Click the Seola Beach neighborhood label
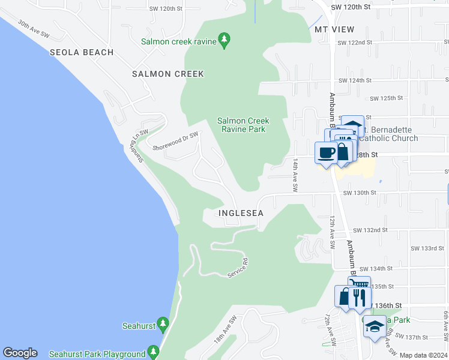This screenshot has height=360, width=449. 82,52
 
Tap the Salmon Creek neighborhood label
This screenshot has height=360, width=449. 168,74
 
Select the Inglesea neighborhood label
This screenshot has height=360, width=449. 241,213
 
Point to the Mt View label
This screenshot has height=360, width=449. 334,29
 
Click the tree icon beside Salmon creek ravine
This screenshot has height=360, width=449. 224,41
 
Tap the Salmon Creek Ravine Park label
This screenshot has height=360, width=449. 242,125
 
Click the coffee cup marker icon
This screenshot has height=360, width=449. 327,152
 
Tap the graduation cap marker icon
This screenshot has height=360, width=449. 375,326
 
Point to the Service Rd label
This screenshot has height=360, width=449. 238,268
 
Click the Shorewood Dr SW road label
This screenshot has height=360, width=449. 175,141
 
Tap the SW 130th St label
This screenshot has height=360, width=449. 359,193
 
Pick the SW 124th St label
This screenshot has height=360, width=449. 355,80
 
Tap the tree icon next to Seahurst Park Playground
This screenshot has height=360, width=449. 154,352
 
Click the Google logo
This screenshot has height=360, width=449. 20,353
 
